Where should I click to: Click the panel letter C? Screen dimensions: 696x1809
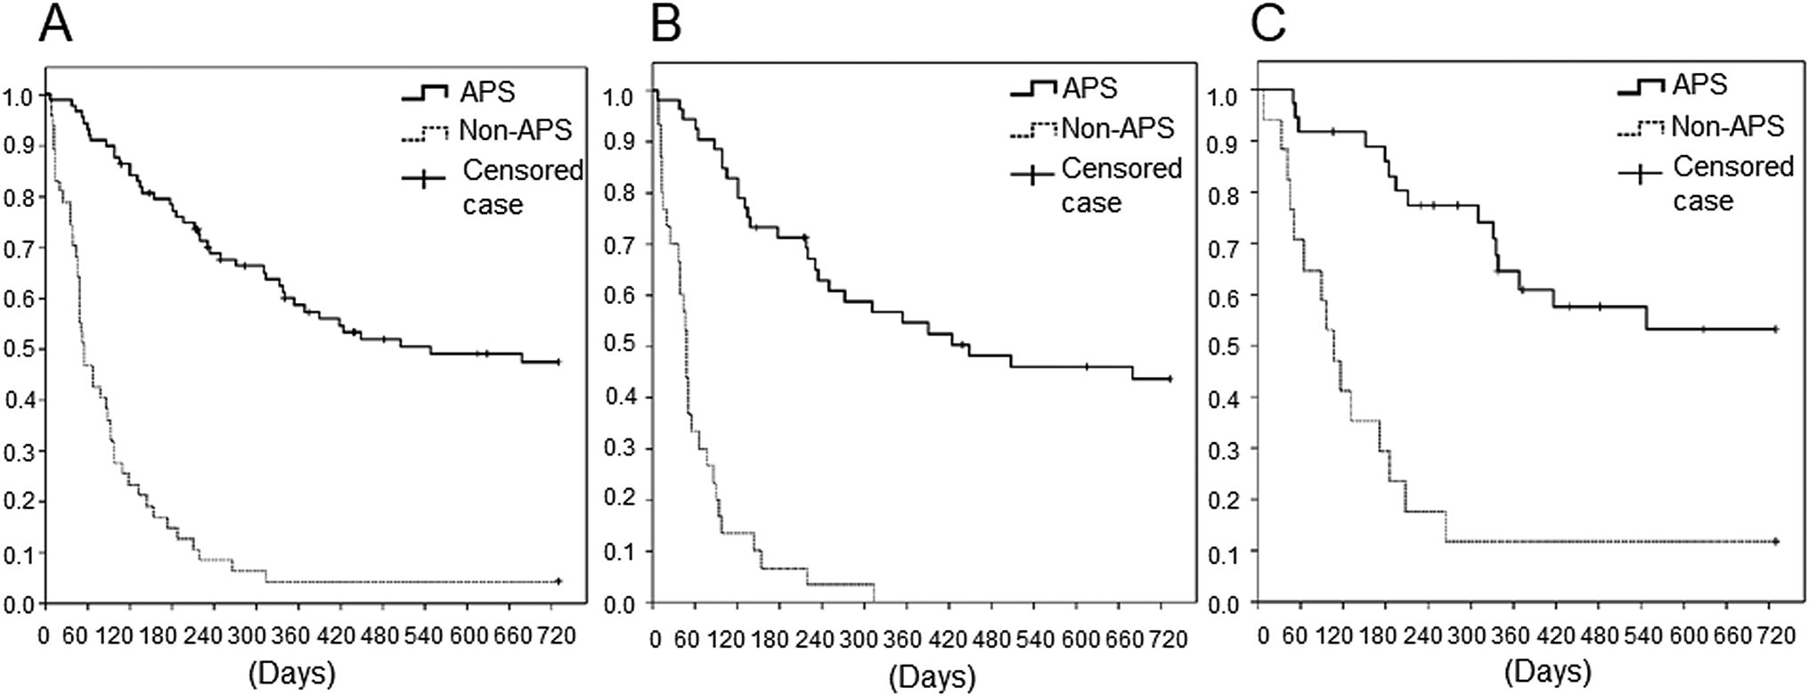coord(1267,26)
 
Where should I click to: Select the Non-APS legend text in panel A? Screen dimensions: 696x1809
coord(516,131)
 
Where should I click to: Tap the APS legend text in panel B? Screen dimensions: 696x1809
coord(1089,88)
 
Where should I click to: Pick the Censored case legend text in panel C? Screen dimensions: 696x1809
coord(1732,184)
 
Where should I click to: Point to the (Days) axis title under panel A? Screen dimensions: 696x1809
coord(292,673)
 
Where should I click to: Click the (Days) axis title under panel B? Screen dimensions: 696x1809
coord(932,677)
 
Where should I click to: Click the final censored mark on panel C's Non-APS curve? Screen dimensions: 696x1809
coord(1775,541)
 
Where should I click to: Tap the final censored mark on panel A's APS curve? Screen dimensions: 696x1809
coord(558,362)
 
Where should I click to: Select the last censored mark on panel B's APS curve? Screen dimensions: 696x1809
coord(1169,379)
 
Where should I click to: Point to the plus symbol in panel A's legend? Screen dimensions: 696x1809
coord(422,180)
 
